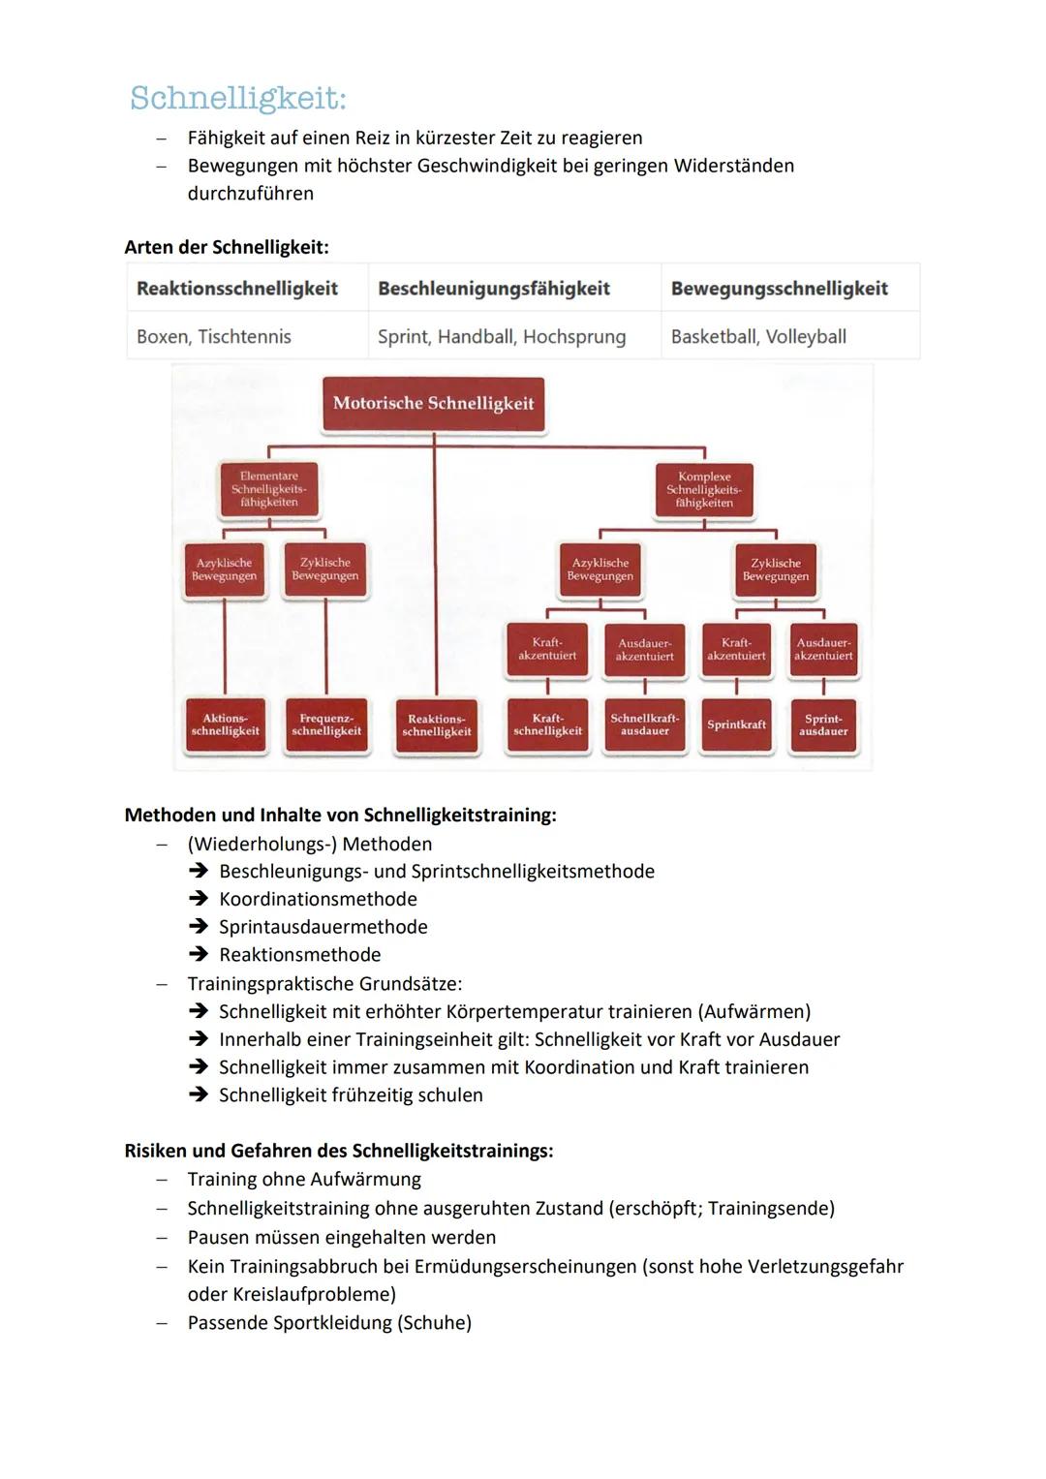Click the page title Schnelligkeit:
tap(237, 98)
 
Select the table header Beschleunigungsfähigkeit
tap(493, 289)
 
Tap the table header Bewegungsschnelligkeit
tap(779, 289)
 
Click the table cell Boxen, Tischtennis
tap(214, 336)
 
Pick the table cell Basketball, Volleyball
tap(758, 336)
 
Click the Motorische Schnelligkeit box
tap(433, 404)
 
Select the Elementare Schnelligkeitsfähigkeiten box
tap(269, 489)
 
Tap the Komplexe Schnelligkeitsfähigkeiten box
tap(704, 489)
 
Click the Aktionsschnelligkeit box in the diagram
tap(225, 725)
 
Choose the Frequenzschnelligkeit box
tap(326, 725)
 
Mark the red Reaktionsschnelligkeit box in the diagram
tap(437, 725)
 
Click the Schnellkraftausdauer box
tap(645, 724)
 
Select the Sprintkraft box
tap(736, 724)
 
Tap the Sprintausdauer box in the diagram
tap(823, 724)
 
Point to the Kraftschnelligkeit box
tap(547, 724)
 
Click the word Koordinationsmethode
tap(318, 899)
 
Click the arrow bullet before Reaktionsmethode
tap(199, 955)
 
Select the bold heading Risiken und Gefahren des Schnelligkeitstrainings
tap(339, 1151)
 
